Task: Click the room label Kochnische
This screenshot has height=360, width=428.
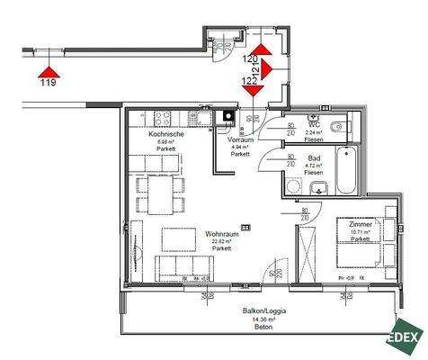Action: (166, 133)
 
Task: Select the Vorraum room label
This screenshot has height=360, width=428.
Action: (239, 140)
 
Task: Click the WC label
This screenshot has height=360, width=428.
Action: (315, 125)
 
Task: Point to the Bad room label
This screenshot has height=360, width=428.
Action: (315, 157)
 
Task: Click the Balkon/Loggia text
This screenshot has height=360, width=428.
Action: (264, 310)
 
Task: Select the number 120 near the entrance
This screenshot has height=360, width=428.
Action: (249, 58)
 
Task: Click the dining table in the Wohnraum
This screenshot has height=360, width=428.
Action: (159, 187)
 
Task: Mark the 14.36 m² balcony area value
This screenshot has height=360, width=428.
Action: (264, 319)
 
